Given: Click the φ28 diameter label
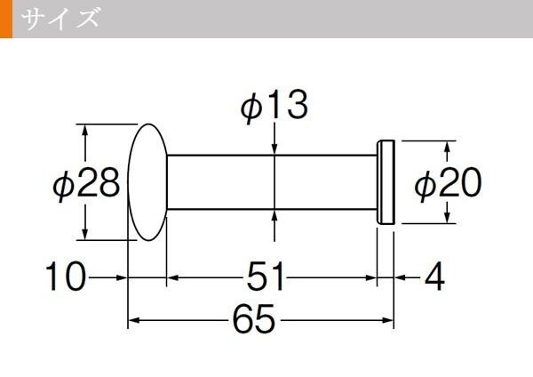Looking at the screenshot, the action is coord(86,183).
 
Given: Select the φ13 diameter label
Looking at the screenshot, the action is coord(274,106).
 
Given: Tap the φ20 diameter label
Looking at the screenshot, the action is coord(448,183).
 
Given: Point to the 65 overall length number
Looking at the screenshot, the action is coord(253,320).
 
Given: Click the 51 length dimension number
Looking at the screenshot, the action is coord(265,277).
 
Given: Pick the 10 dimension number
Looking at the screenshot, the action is coord(65,277).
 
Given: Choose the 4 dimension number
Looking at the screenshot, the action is coord(434,277).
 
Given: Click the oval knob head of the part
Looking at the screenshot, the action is coord(147,182).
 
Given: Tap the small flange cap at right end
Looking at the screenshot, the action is coord(386,182).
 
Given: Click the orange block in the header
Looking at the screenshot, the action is coord(6,19).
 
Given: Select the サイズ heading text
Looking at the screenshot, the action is coord(60,18).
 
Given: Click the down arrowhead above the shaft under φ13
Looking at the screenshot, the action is coord(274,148).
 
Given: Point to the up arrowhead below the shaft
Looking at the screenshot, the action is coord(274,216).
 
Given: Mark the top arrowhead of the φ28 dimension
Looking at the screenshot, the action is coord(85,131).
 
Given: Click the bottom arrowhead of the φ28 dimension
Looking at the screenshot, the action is coord(85,234).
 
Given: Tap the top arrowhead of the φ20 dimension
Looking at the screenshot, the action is coord(448,147).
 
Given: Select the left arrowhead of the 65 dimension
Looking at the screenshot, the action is coord(134,320).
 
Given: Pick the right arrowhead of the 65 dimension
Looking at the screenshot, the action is coord(387,320).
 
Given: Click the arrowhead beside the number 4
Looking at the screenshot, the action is coord(401,277).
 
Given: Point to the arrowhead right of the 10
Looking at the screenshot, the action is coord(121,277).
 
